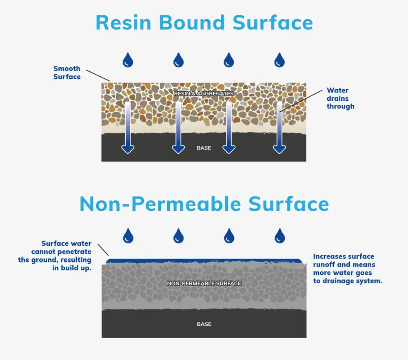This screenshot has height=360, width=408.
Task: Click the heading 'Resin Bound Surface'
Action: click(204, 23)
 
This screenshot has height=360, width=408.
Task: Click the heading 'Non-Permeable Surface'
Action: click(204, 204)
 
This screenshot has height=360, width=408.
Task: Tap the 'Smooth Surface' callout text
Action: click(67, 73)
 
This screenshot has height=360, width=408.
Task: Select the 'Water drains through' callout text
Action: click(340, 98)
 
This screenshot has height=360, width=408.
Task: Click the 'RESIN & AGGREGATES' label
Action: click(204, 94)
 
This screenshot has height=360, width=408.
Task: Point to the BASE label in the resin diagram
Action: click(204, 148)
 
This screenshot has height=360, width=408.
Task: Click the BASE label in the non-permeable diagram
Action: click(204, 324)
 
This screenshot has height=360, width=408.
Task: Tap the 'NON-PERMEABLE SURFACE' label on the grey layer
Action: click(204, 283)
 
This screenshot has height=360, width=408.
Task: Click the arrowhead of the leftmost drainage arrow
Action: click(128, 149)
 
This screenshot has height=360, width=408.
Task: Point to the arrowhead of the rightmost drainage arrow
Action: click(279, 149)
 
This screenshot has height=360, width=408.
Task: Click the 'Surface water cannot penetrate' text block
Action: click(55, 256)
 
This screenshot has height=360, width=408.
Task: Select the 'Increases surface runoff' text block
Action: click(348, 269)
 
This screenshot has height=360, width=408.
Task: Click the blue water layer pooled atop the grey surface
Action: click(204, 261)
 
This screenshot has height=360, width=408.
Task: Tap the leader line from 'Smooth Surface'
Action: click(98, 75)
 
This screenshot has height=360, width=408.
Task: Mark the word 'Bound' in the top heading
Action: click(192, 23)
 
